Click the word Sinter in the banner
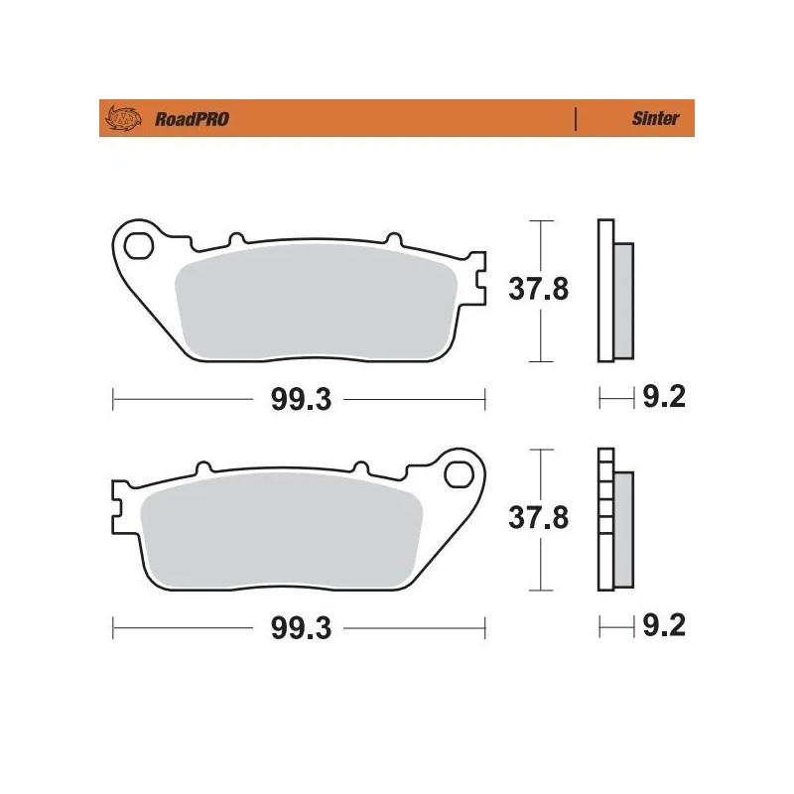click(x=655, y=119)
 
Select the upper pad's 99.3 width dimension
click(x=300, y=400)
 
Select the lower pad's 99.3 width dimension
click(x=300, y=629)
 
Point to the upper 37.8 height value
click(x=539, y=291)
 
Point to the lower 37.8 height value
click(x=539, y=519)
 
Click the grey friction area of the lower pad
click(x=283, y=531)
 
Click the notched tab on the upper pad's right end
click(x=479, y=280)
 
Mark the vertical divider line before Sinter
click(x=576, y=119)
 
